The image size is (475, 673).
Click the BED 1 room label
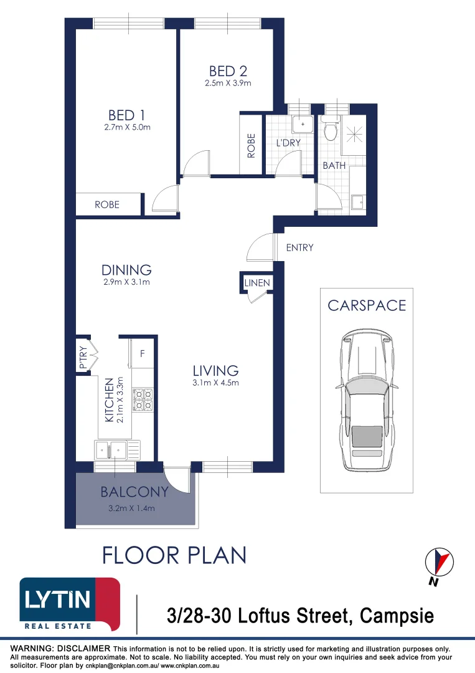(x=126, y=115)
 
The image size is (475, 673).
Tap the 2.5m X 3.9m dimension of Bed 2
(x=228, y=84)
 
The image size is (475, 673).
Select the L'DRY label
(x=288, y=143)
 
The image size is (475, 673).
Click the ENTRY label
(x=299, y=248)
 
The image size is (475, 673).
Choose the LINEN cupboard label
(x=257, y=283)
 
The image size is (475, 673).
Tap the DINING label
(x=126, y=270)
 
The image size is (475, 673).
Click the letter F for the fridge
(x=143, y=355)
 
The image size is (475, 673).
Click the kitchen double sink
(x=117, y=448)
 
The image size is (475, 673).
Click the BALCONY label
(x=134, y=492)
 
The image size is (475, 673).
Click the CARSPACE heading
(x=367, y=305)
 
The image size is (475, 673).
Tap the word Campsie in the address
(x=395, y=616)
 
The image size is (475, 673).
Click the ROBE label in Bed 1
(x=107, y=204)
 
